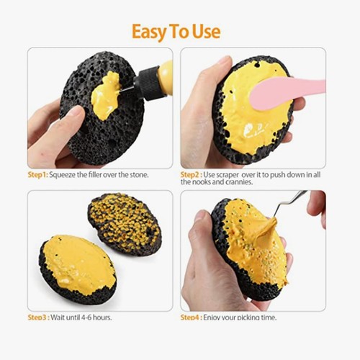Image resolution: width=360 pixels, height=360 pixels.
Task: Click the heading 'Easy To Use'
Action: click(x=176, y=31)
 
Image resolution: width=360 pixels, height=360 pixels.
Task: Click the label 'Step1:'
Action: click(x=37, y=175)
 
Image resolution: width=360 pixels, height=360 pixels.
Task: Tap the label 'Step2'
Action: click(x=191, y=175)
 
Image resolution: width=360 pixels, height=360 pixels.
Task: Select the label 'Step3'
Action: click(x=37, y=318)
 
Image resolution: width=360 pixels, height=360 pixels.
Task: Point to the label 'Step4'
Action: click(x=192, y=318)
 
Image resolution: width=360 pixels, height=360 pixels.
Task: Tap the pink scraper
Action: click(x=281, y=92)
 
